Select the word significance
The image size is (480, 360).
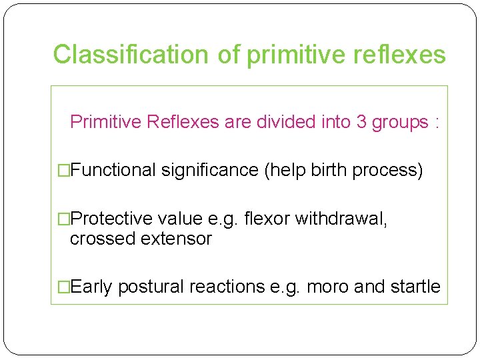pos(210,171)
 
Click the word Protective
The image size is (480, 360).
pos(111,219)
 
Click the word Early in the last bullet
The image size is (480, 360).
pos(91,287)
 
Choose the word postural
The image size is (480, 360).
pos(151,287)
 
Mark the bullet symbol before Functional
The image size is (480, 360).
pos(63,171)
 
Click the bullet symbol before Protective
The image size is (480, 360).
pos(63,219)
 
